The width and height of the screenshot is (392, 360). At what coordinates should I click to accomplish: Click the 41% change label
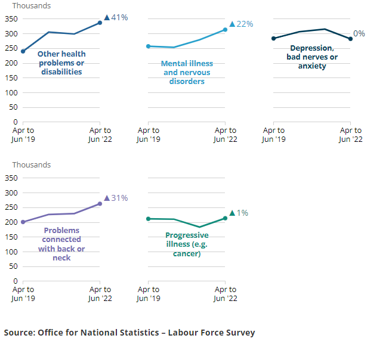[116, 17]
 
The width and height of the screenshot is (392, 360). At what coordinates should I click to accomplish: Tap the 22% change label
[242, 24]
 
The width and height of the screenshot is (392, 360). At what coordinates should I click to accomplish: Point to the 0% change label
[359, 33]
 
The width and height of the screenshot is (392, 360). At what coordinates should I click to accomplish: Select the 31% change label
[116, 198]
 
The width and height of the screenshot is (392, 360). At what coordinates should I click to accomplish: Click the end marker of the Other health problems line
[100, 23]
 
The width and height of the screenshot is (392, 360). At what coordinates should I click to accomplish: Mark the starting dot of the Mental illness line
[148, 46]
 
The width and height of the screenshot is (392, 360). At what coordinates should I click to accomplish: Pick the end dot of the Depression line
[350, 39]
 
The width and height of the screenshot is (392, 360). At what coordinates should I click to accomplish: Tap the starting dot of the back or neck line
[23, 222]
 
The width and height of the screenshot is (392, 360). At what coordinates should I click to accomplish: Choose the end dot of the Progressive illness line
[225, 218]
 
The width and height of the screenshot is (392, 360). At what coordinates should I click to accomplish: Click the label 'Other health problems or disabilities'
[61, 63]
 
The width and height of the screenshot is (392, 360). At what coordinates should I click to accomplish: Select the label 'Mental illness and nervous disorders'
[187, 72]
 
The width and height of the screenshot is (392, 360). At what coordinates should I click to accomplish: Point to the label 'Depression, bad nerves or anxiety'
[312, 57]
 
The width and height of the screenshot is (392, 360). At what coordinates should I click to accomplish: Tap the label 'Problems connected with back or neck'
[61, 244]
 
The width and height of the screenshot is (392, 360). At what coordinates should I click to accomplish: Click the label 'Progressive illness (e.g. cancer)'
[187, 244]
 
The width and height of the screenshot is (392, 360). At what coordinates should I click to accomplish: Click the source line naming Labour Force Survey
[129, 333]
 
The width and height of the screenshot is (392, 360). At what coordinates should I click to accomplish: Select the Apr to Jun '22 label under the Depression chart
[350, 135]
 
